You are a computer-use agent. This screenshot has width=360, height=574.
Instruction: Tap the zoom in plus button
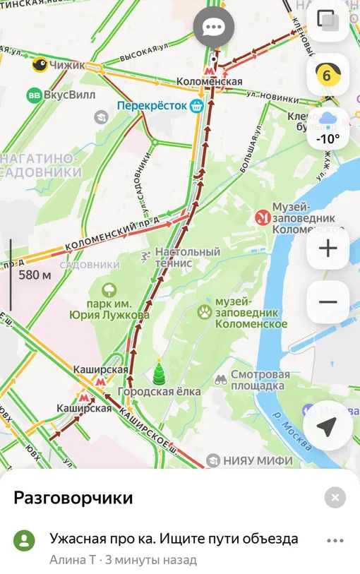click(x=328, y=249)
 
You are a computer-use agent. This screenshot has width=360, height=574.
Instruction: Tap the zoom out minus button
click(x=328, y=302)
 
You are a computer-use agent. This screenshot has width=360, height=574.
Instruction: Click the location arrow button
click(x=328, y=426)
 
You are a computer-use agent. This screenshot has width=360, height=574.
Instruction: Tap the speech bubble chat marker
click(x=212, y=28)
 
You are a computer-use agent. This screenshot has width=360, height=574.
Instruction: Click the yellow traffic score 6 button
click(x=328, y=74)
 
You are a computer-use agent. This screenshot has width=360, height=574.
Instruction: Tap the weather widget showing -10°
click(x=328, y=129)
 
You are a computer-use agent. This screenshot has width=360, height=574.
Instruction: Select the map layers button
click(x=328, y=20)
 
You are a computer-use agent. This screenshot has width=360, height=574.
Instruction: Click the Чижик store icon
click(x=39, y=65)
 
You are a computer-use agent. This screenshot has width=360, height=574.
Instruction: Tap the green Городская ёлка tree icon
click(x=159, y=373)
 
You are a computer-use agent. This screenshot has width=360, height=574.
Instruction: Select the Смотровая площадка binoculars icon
click(x=221, y=379)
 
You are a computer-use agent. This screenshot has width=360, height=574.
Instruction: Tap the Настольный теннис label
click(x=187, y=257)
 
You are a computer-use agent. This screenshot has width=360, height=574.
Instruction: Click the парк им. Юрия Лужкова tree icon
click(x=109, y=289)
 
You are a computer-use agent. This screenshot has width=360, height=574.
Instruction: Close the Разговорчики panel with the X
click(x=335, y=498)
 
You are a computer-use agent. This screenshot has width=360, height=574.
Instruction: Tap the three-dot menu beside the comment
click(x=335, y=540)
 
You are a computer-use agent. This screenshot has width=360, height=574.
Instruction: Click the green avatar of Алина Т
click(x=25, y=541)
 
